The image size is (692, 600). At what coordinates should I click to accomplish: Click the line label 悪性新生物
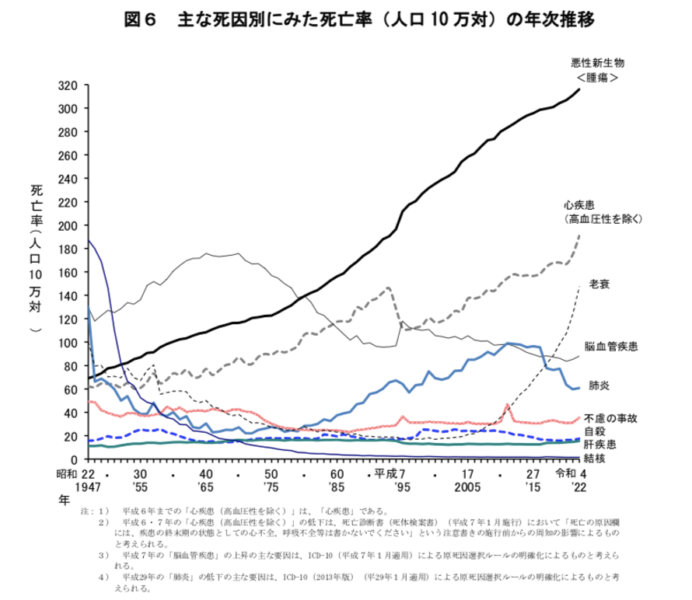597,62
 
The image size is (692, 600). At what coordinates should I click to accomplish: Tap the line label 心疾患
580,205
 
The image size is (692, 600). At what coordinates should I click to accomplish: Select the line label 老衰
599,284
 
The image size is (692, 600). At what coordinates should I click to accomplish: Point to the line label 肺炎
599,384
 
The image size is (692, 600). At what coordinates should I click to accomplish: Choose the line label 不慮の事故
611,418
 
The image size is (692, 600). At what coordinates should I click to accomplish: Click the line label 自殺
595,431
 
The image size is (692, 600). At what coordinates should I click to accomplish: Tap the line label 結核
595,459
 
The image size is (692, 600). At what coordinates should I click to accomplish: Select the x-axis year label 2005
468,487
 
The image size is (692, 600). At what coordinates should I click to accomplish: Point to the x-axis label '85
337,487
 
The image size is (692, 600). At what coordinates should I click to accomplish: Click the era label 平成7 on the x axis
393,473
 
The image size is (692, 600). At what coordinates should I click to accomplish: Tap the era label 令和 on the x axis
565,473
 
